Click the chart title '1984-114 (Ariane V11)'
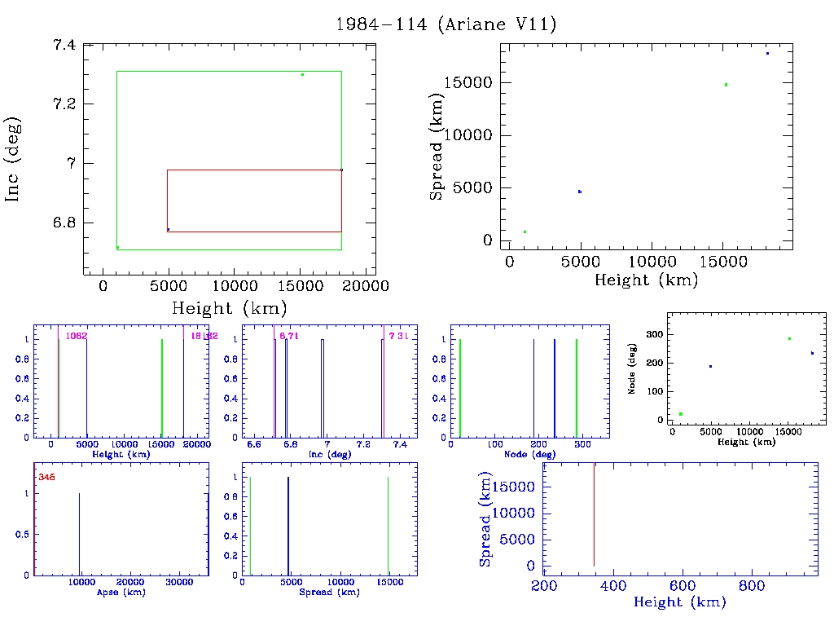[446, 24]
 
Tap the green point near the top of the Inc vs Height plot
[302, 75]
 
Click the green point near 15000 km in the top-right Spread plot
[726, 85]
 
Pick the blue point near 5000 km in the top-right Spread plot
[579, 192]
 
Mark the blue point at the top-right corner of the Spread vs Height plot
[767, 54]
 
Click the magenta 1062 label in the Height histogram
[76, 336]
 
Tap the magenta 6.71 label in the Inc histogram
[288, 336]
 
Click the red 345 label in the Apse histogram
[46, 477]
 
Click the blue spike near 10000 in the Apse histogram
[79, 534]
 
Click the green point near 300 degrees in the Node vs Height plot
[789, 339]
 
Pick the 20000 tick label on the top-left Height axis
[364, 286]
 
